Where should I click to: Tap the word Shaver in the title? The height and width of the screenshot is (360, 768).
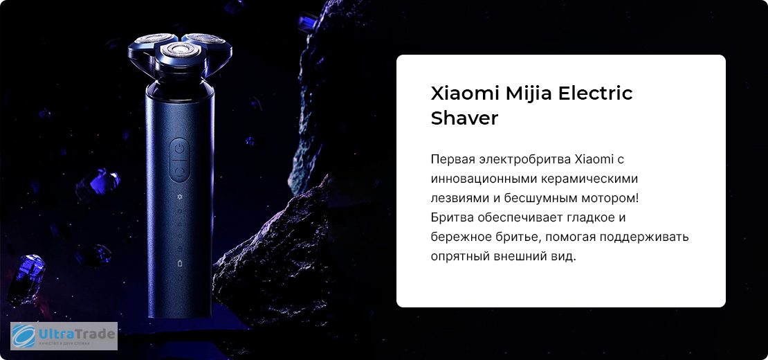click(464, 118)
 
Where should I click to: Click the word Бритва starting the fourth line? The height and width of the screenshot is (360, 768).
click(451, 218)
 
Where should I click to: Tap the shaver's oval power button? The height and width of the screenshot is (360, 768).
click(180, 160)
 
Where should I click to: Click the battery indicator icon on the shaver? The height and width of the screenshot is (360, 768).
click(180, 264)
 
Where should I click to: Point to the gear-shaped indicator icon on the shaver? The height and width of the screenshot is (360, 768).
click(180, 197)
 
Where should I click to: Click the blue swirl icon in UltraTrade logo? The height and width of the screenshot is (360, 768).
click(24, 336)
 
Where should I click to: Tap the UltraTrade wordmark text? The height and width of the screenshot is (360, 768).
click(77, 335)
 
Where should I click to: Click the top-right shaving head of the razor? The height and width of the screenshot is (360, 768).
click(207, 39)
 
